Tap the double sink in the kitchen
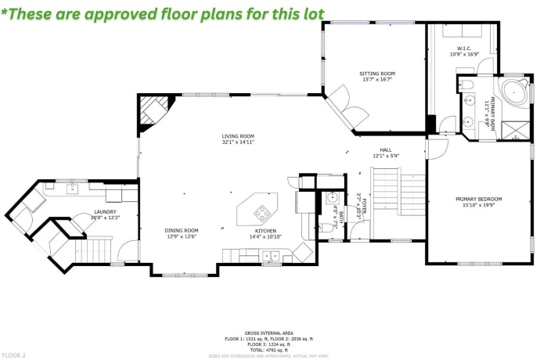(271, 254)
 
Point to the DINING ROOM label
(181, 232)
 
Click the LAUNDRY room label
(106, 214)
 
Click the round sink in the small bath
(331, 198)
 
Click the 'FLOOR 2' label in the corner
(14, 355)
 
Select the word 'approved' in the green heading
(134, 13)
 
